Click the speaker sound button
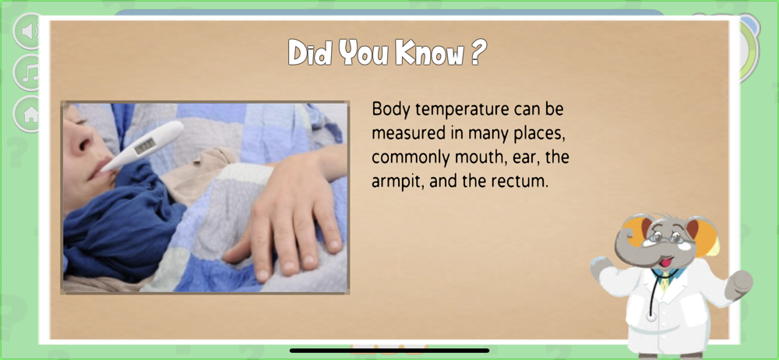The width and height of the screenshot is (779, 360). point(30,31)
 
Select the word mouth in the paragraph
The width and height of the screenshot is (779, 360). point(474,157)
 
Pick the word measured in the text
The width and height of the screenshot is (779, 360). point(407,134)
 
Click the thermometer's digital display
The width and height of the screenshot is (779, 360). point(145,145)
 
